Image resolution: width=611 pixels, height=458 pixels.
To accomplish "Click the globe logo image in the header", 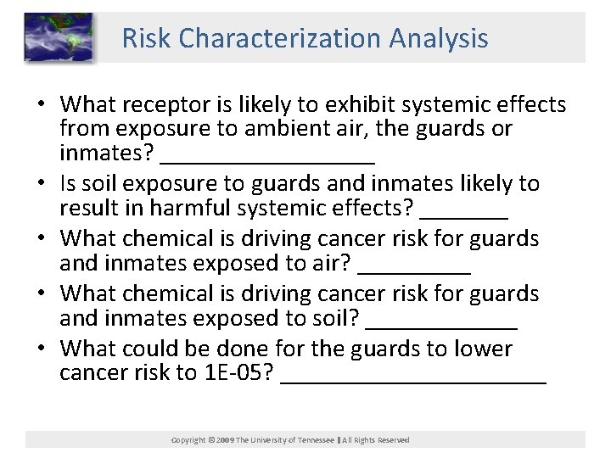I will click(x=58, y=37).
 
